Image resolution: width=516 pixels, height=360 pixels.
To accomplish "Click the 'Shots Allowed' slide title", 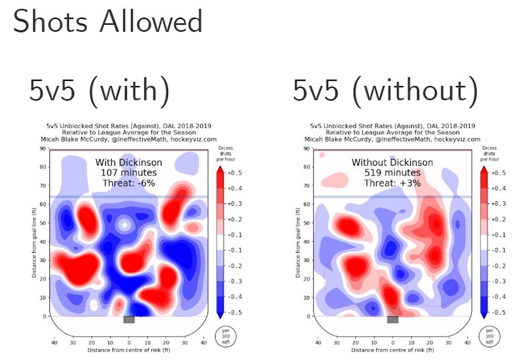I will tap(108, 22).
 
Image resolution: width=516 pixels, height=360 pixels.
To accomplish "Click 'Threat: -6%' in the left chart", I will tap(129, 183).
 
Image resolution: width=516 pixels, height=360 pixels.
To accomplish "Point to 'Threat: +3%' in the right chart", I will tap(393, 183).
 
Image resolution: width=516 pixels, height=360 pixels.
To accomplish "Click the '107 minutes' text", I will tap(129, 173).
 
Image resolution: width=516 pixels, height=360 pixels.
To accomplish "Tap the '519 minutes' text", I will tap(393, 173).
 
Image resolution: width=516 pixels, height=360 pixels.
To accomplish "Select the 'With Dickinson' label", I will tap(129, 163).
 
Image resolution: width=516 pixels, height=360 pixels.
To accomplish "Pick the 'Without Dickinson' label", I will tap(393, 163).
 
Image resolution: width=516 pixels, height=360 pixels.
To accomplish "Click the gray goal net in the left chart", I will tap(129, 319).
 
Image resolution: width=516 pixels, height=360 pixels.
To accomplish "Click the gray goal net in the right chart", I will tap(393, 319).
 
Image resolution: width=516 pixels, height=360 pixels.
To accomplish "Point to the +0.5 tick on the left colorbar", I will tap(234, 173).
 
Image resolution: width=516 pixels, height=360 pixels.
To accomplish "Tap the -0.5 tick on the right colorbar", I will tap(498, 312).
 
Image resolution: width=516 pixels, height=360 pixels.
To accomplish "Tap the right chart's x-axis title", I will tap(393, 350).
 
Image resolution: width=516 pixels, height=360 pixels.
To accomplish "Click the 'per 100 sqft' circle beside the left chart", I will tap(222, 335).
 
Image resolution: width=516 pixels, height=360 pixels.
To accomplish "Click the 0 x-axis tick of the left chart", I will tap(129, 342).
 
